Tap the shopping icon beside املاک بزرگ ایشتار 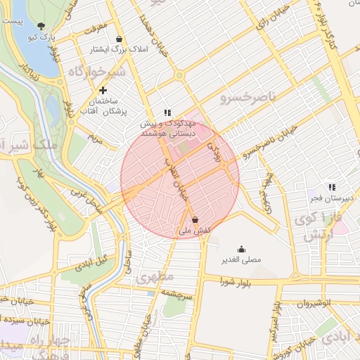pyautogui.click(x=119, y=39)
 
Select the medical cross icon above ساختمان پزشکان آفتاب pyautogui.click(x=103, y=90)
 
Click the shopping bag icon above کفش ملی pyautogui.click(x=194, y=219)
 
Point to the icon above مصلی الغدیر pyautogui.click(x=242, y=249)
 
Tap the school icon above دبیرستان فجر pyautogui.click(x=331, y=187)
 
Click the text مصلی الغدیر pyautogui.click(x=241, y=260)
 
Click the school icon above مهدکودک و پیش pyautogui.click(x=167, y=112)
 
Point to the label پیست pyautogui.click(x=12, y=22)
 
